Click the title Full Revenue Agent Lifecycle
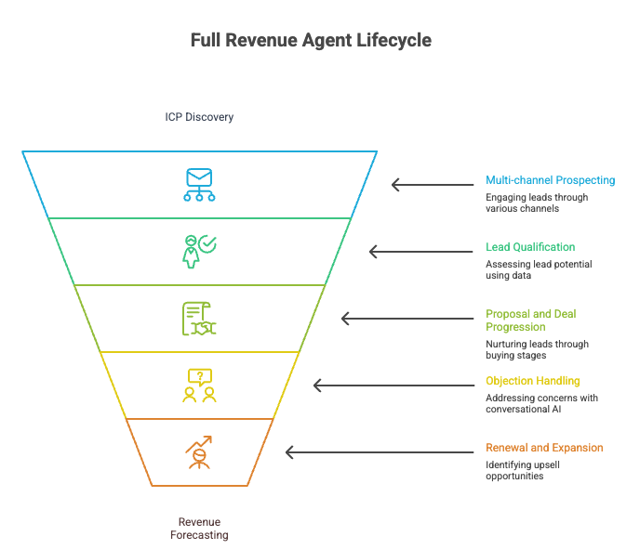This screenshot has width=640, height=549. tap(311, 41)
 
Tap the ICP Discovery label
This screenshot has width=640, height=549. tap(199, 118)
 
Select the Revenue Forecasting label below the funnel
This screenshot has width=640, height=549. tap(199, 528)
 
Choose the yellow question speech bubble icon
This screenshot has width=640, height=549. tap(199, 385)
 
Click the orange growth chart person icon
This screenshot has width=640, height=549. tap(199, 452)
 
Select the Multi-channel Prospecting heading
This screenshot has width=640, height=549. tap(550, 180)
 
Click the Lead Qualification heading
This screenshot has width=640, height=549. tap(530, 247)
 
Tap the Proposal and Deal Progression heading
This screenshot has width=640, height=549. tap(530, 320)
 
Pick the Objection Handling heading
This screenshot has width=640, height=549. tap(532, 381)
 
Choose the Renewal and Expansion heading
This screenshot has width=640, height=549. tap(544, 448)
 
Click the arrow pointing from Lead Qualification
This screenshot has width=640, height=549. tap(420, 251)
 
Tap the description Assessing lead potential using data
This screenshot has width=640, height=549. tap(539, 270)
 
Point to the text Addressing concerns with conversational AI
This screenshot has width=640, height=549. tap(541, 404)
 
